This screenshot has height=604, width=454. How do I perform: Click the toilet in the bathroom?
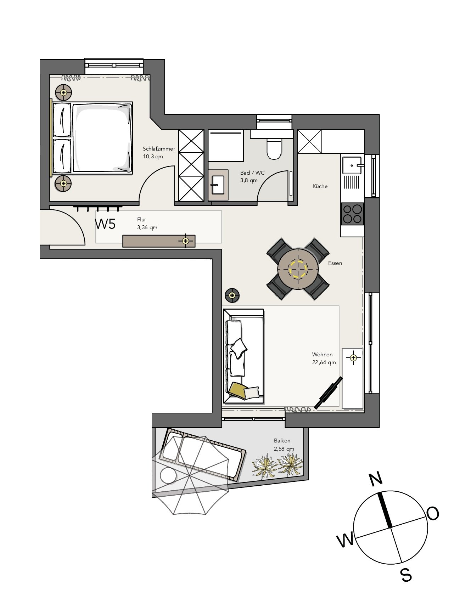tap(273, 148)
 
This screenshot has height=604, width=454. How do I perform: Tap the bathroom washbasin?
tap(218, 184)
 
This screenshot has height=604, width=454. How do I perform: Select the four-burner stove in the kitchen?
tap(352, 214)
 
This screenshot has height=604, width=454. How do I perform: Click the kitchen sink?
tap(352, 165)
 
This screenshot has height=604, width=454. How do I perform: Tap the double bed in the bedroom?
tap(93, 138)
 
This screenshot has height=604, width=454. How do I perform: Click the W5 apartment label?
tap(105, 224)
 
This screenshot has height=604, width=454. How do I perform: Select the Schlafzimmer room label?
tap(159, 149)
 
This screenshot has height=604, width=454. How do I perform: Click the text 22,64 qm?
tap(324, 362)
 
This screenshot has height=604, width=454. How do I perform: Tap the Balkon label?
tap(282, 441)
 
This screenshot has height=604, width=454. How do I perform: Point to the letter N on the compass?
tap(376, 479)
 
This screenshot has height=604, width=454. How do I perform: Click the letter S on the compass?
tap(406, 575)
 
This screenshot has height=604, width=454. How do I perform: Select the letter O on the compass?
tap(433, 513)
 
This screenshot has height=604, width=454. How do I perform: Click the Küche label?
tap(320, 186)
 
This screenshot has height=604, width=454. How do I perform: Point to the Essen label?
tap(335, 263)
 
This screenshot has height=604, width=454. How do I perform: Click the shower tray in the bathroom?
tap(225, 145)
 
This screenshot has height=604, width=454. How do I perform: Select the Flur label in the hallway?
tap(142, 220)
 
